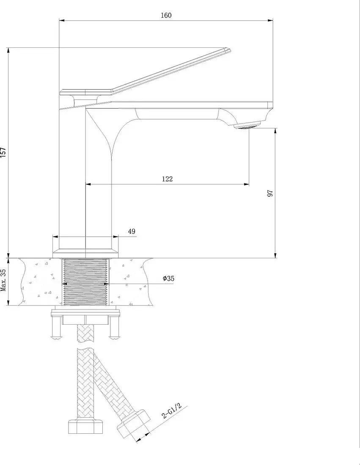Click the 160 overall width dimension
(x=166, y=15)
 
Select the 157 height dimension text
(x=3, y=152)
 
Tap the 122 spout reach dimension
(x=167, y=179)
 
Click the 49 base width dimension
(x=132, y=231)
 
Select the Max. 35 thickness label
(x=4, y=280)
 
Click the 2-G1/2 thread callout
(x=171, y=410)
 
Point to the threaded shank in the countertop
(x=85, y=282)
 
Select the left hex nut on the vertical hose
(x=85, y=426)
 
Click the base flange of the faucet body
(x=85, y=253)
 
